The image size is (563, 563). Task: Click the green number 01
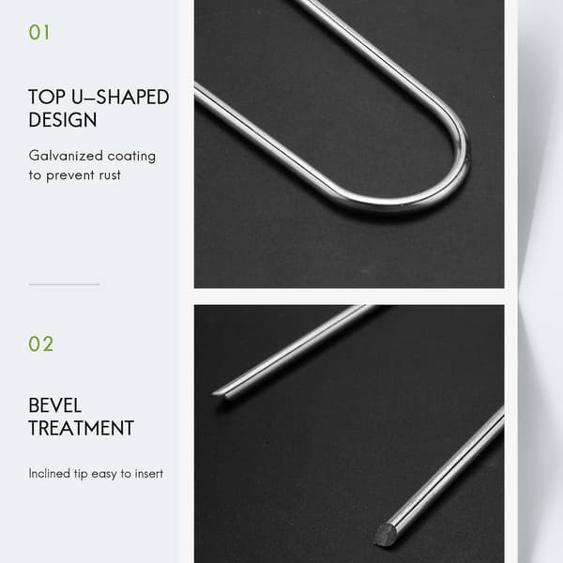point(39,32)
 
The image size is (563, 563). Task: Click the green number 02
point(41,343)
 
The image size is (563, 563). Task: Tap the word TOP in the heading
point(47,97)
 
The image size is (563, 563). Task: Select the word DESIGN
point(63,119)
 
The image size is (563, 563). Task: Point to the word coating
point(131,157)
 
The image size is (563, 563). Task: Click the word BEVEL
point(55,405)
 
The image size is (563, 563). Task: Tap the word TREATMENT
point(81,428)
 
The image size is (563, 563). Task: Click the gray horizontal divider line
point(64,284)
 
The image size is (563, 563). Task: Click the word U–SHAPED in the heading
point(120,97)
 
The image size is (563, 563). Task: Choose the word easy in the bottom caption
point(104,474)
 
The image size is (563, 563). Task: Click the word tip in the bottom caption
point(81,474)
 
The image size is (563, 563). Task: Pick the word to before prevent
point(35,175)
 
